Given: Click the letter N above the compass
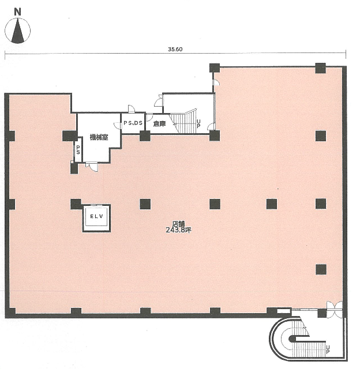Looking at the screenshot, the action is (17, 12).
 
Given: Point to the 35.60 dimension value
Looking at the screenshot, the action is (175, 49).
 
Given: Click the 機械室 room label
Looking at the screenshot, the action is (99, 137).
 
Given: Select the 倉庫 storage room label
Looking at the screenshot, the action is (159, 124).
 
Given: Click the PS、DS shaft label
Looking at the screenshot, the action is (133, 123).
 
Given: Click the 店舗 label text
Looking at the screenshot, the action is (179, 224).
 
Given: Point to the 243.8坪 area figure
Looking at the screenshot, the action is (179, 230).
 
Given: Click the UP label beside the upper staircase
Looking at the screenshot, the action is (198, 123).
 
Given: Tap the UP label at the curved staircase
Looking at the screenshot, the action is (328, 349).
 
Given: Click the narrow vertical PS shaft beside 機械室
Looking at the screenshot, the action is (78, 149).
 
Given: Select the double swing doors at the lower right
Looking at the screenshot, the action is (335, 309).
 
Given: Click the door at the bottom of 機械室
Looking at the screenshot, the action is (92, 167).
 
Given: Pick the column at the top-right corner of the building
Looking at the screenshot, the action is (320, 68).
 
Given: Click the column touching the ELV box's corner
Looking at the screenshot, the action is (76, 204).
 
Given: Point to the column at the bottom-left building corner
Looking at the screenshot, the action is (10, 313).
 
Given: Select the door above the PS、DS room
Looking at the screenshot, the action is (132, 108).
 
